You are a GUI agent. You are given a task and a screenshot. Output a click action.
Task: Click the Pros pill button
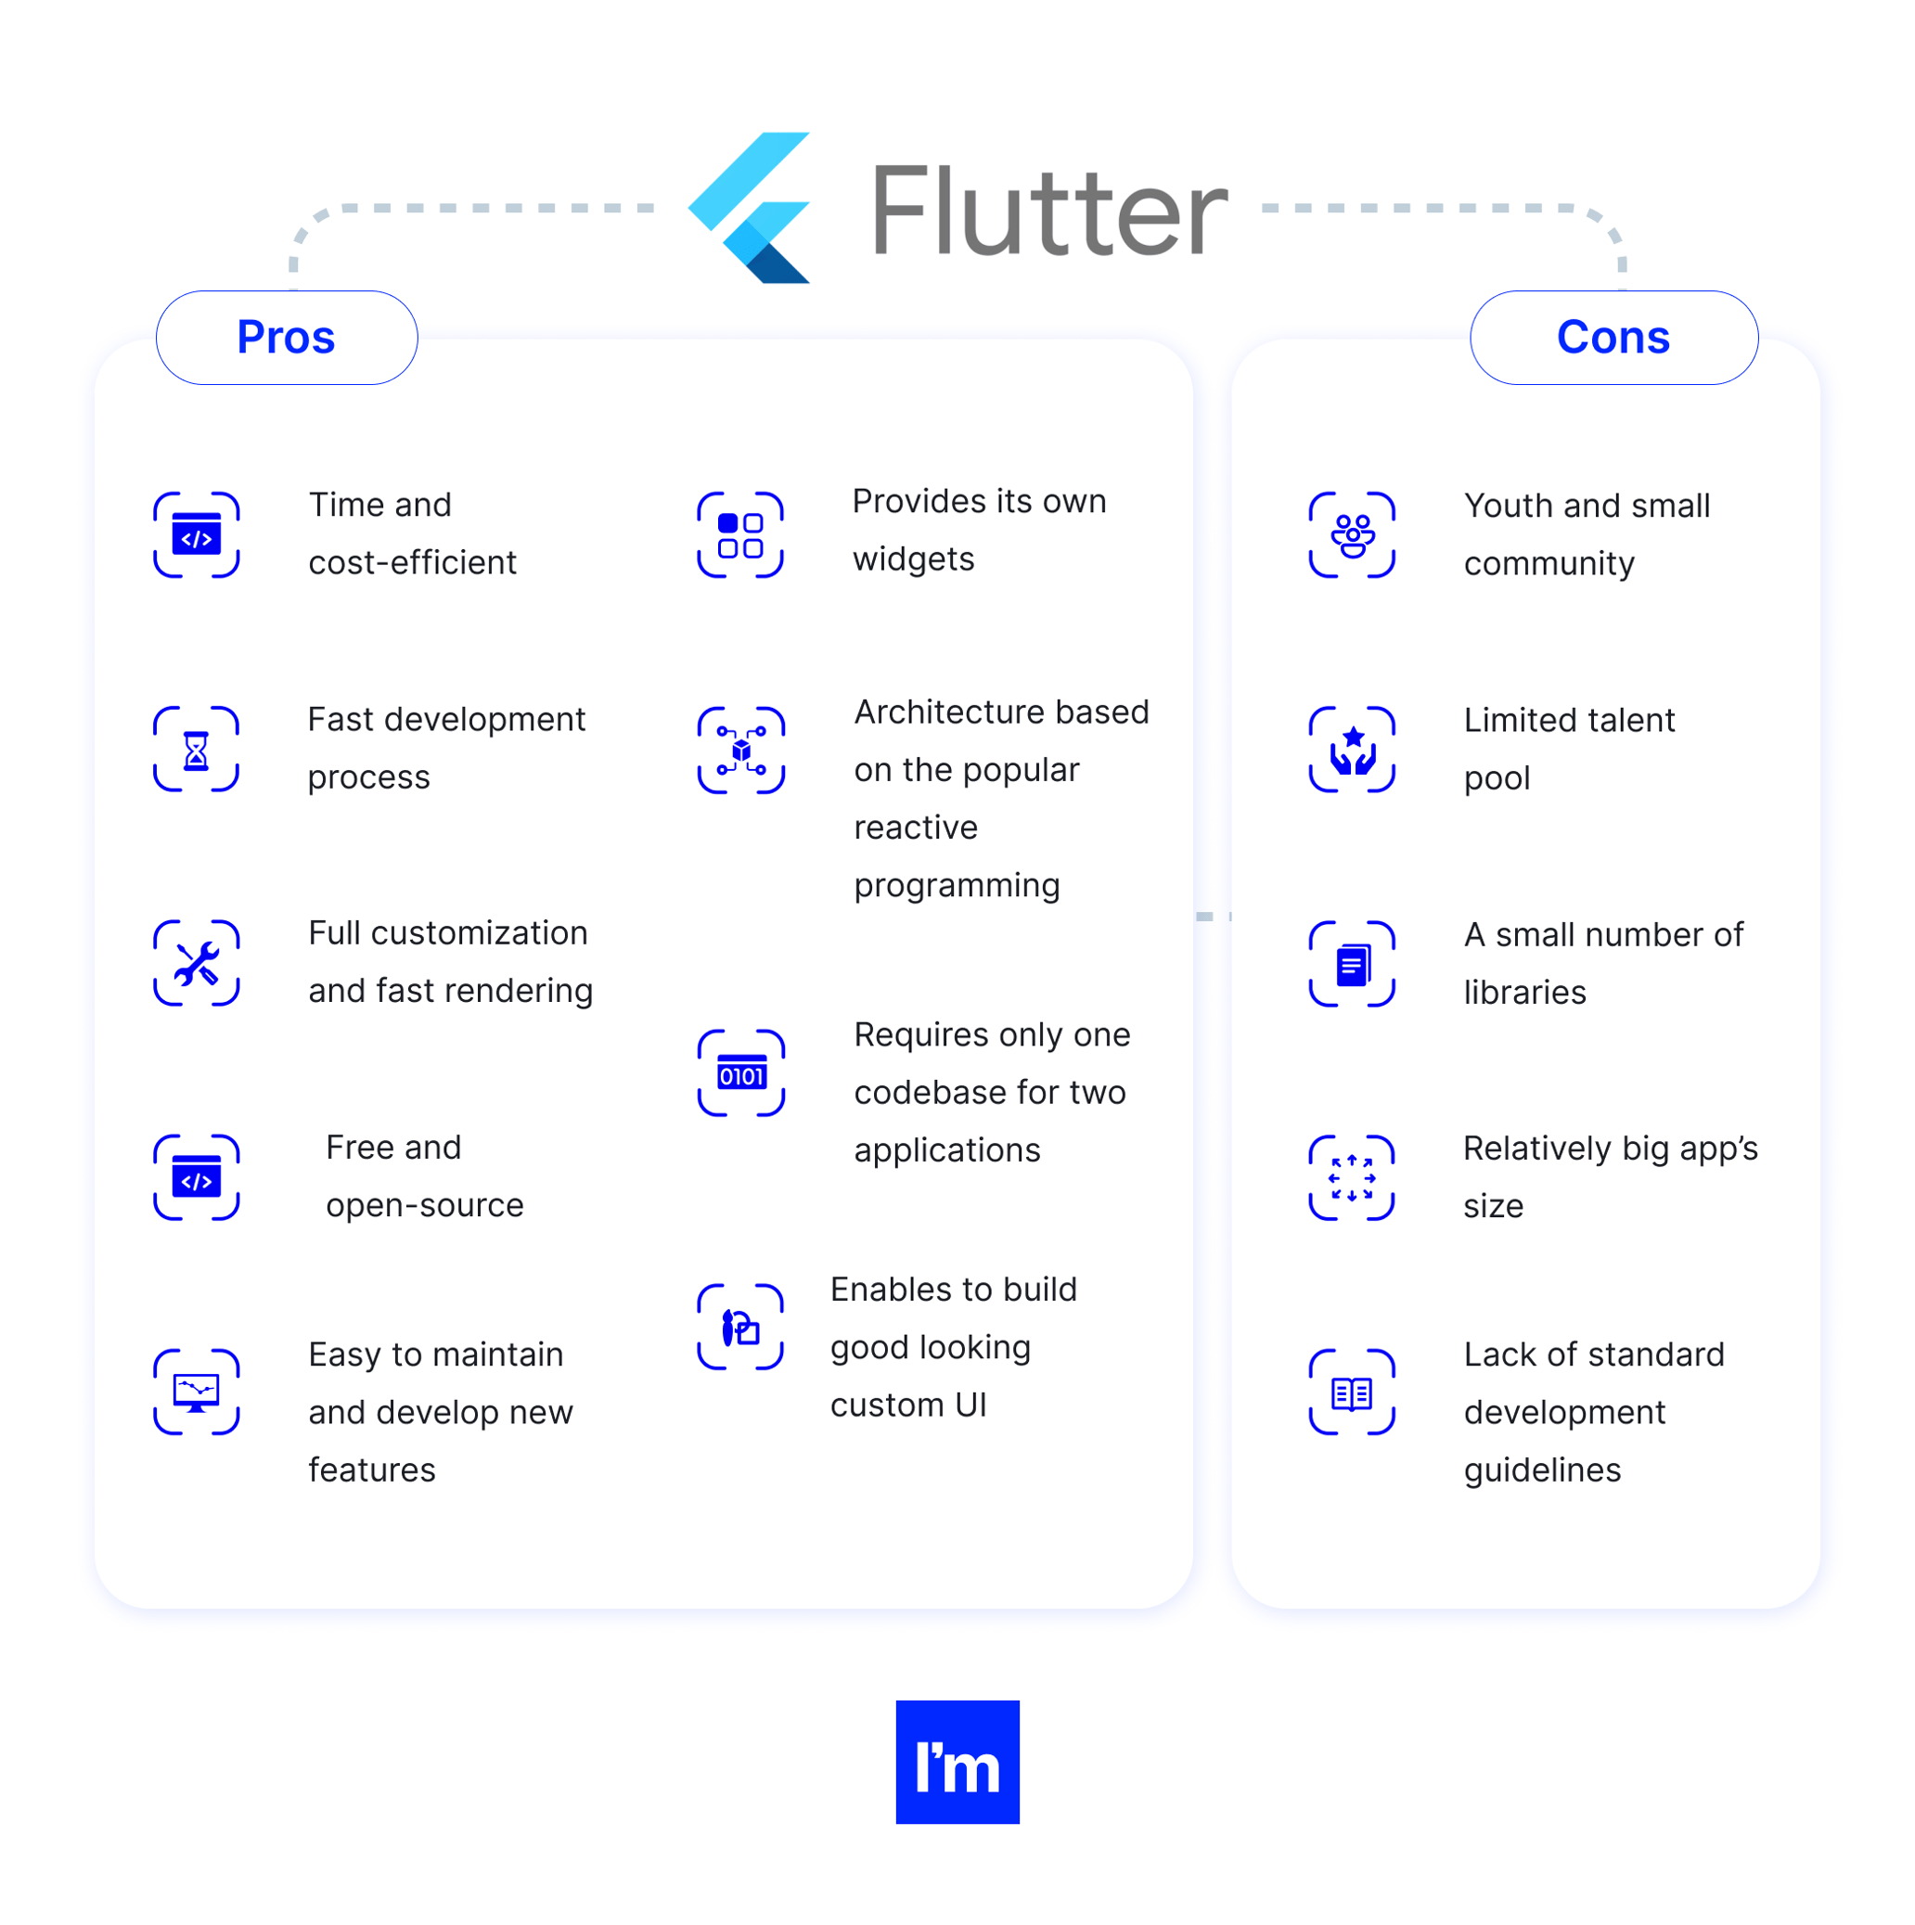coord(286,338)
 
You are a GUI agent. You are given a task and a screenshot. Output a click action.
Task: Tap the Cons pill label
coord(1613,338)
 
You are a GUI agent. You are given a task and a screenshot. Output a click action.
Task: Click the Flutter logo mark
coord(752,207)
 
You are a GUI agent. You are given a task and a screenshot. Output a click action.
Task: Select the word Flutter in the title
coord(1049,212)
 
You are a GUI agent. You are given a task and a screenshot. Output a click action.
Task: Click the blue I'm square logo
coord(957,1762)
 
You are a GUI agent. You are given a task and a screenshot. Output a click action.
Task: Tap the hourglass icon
coord(197,750)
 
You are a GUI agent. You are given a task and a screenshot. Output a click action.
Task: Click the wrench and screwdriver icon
coord(197,964)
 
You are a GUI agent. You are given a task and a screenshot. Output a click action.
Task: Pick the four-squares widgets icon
coord(740,535)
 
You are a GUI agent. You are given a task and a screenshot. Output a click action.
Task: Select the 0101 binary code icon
coord(741,1073)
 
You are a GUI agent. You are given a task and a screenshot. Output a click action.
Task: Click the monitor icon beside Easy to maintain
coord(197,1392)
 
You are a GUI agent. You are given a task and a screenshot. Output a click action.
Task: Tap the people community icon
coord(1352,535)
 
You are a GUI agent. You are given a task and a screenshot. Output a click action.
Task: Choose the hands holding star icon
coord(1352,750)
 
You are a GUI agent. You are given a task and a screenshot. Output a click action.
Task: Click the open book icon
coord(1352,1392)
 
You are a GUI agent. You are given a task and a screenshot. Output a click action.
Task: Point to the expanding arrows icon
coord(1352,1177)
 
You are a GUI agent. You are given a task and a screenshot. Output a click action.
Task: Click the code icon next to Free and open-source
coord(197,1177)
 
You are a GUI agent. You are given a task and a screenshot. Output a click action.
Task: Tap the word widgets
coord(914,560)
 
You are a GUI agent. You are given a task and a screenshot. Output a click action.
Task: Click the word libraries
coord(1524,993)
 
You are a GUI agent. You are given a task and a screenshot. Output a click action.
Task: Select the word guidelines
coord(1542,1469)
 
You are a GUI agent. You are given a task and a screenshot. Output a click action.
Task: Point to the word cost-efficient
coord(413,563)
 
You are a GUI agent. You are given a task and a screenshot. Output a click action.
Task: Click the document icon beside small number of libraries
coord(1352,964)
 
